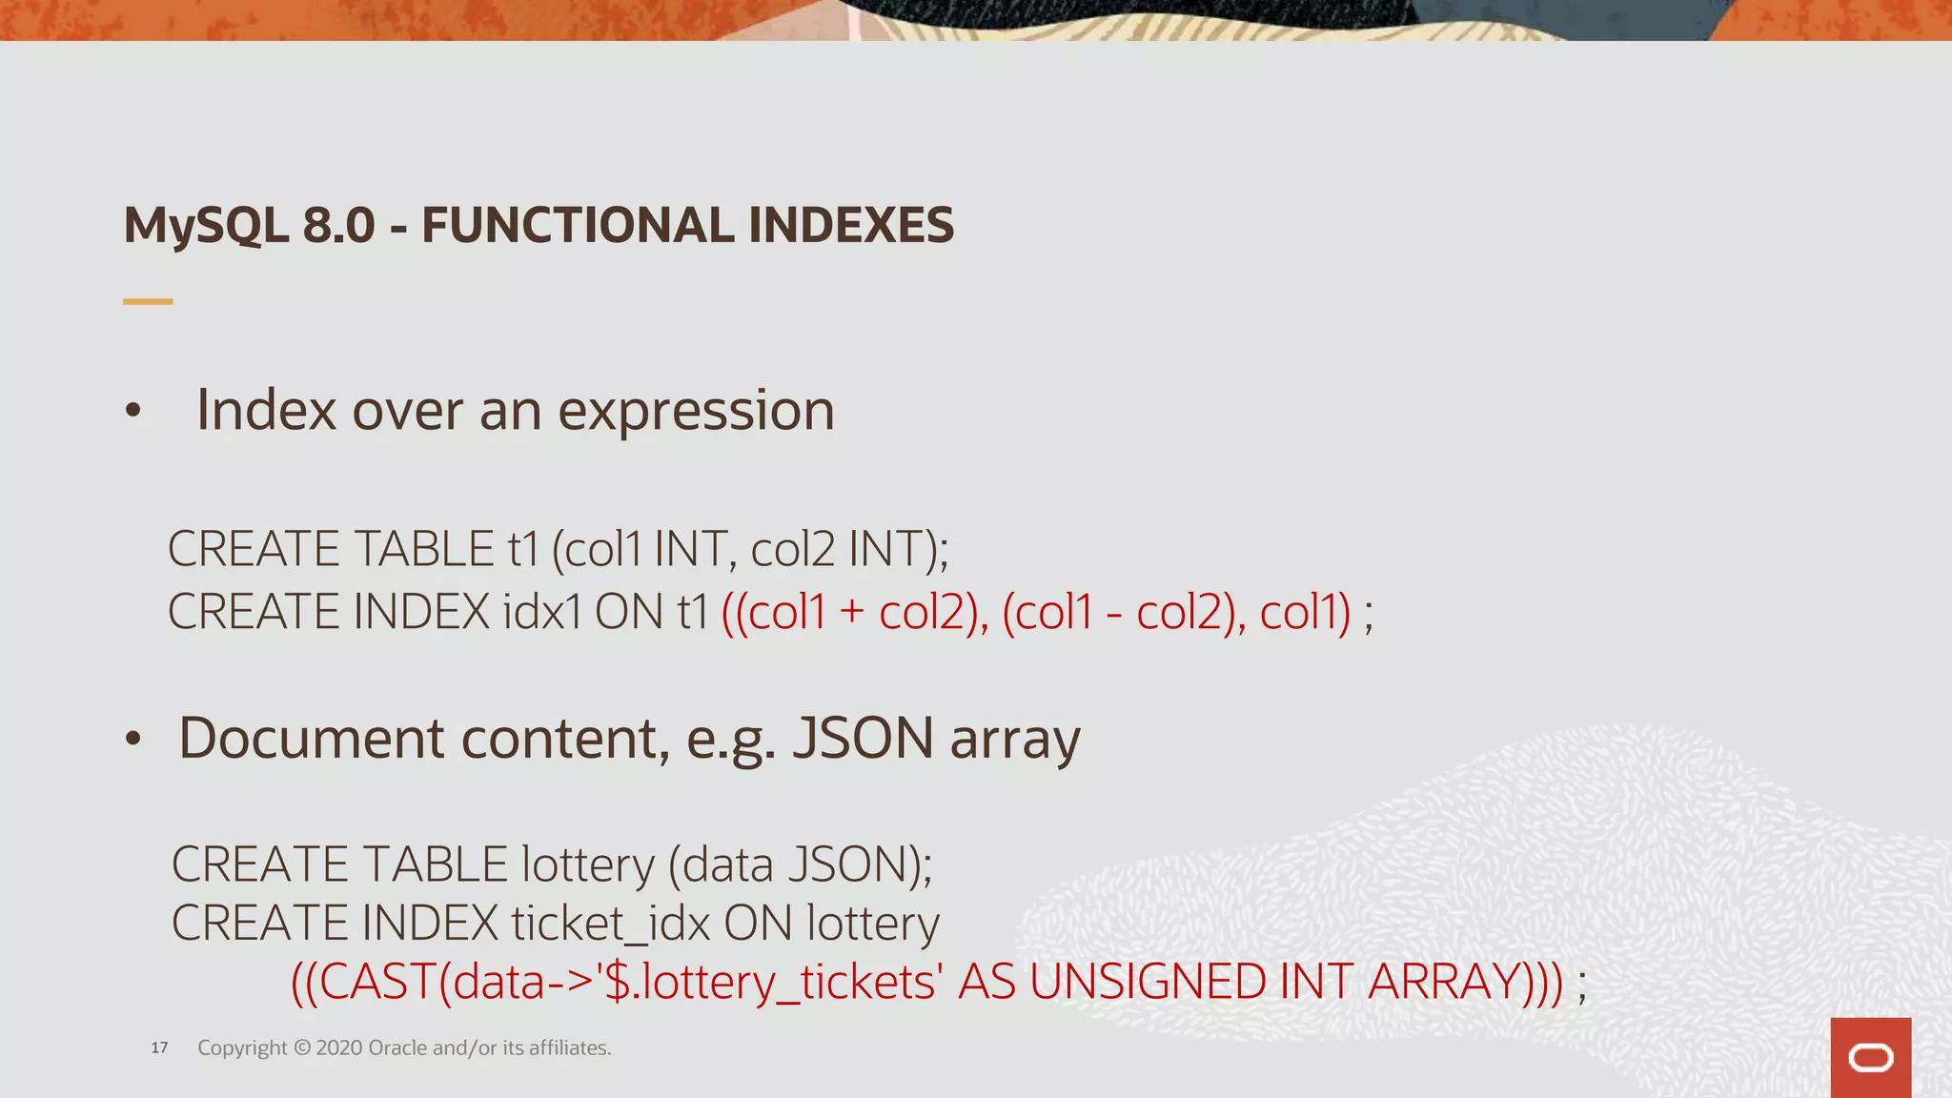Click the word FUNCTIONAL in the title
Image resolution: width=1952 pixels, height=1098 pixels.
[579, 225]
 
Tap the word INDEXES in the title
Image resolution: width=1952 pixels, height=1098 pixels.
[850, 225]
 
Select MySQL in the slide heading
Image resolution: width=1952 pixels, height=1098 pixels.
[206, 227]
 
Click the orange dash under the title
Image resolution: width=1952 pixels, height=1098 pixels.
[148, 301]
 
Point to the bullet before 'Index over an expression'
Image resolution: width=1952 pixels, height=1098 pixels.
[133, 412]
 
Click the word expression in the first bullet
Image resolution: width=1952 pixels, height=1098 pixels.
[696, 412]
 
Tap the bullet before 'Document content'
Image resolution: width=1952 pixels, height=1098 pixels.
[133, 740]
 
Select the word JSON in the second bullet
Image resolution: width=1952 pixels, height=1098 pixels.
[864, 739]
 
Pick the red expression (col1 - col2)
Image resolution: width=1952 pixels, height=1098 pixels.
[1119, 612]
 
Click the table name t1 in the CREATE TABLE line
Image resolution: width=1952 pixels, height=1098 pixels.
[523, 549]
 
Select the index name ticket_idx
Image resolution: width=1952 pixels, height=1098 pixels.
[611, 924]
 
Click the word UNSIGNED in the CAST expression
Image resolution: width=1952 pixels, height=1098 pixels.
[1148, 982]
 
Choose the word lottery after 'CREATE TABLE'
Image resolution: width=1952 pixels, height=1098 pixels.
[588, 864]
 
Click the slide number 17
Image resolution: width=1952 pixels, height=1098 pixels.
[159, 1048]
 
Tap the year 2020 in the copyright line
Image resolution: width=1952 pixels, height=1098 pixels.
[338, 1048]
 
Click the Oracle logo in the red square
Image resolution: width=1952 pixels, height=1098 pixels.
[1870, 1058]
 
